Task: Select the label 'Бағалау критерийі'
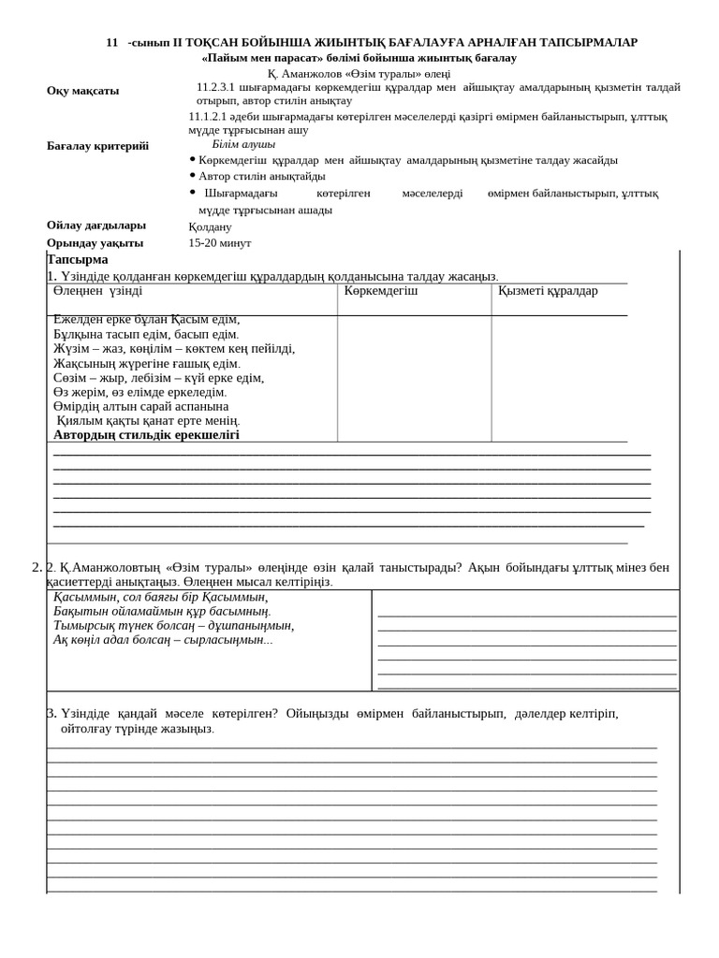point(97,146)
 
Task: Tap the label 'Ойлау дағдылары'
point(96,225)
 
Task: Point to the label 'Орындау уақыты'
point(95,243)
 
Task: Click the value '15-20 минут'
point(219,243)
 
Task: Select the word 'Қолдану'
point(210,226)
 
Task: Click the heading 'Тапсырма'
point(78,259)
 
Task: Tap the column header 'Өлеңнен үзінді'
point(97,291)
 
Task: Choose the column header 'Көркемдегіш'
point(381,291)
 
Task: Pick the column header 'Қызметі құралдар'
point(548,291)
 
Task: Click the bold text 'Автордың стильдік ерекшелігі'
point(146,435)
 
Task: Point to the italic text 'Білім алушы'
point(243,145)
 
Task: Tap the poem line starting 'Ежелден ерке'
point(146,319)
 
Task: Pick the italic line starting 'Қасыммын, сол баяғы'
point(160,597)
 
